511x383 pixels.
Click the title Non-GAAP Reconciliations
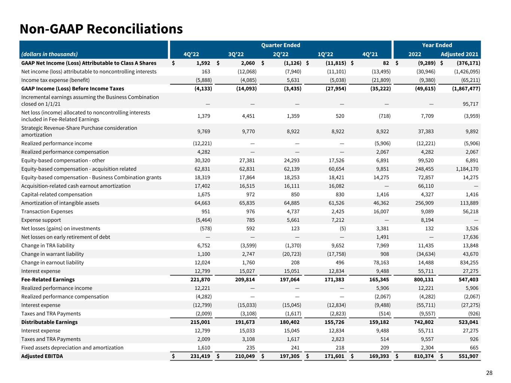click(101, 29)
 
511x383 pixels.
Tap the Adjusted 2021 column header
click(459, 54)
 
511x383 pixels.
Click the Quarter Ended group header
click(280, 45)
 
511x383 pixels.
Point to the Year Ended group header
click(437, 45)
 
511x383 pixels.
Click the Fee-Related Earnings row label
click(48, 279)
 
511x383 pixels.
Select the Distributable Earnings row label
click(49, 322)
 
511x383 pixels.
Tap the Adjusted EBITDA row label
click(42, 356)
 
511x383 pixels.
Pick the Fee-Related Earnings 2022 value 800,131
click(423, 279)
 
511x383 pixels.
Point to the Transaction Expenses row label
click(47, 211)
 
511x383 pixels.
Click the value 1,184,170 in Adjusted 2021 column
click(465, 169)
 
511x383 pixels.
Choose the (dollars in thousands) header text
click(49, 54)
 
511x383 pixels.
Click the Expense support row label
click(41, 220)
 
